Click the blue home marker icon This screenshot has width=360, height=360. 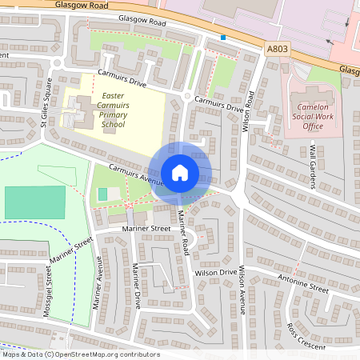click(x=180, y=172)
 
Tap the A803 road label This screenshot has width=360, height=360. click(x=277, y=49)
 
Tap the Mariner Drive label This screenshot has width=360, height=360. click(x=137, y=286)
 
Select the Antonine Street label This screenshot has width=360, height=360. click(x=303, y=283)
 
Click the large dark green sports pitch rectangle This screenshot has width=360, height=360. click(x=34, y=202)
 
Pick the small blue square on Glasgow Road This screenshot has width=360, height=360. click(x=223, y=37)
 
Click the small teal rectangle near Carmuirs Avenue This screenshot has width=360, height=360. click(x=102, y=194)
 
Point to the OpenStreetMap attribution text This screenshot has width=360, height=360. click(x=80, y=354)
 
